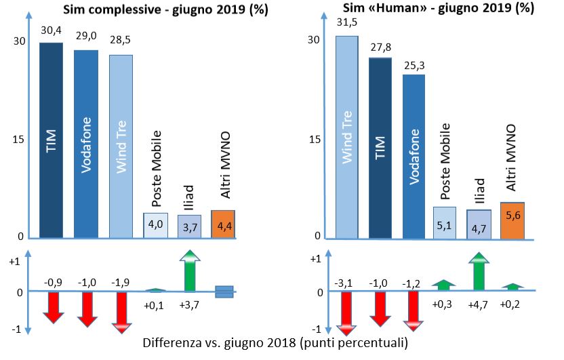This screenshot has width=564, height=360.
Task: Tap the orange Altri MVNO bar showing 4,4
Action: point(223,224)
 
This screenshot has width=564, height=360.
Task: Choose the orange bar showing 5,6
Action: point(512,220)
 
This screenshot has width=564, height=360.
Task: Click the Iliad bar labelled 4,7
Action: point(479,224)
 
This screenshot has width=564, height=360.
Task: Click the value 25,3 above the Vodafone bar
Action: point(414,66)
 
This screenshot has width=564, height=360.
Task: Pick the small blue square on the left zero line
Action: point(223,292)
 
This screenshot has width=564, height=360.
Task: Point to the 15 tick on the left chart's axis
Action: point(19,140)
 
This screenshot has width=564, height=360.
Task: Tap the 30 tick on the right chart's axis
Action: point(313,39)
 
